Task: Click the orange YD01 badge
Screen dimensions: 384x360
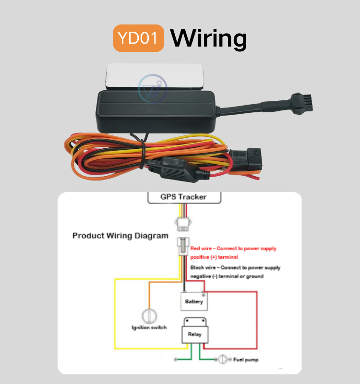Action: (x=138, y=38)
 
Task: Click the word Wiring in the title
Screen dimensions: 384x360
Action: (x=209, y=38)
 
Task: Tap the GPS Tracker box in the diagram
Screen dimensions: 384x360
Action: (x=183, y=197)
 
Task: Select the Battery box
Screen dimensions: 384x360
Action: (x=194, y=302)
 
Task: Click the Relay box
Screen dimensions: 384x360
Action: (x=194, y=333)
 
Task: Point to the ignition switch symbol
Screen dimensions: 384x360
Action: (x=149, y=316)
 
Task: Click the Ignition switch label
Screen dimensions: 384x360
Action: (x=149, y=327)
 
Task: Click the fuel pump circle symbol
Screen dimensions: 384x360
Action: (x=223, y=359)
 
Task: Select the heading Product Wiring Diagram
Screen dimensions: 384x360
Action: (x=120, y=236)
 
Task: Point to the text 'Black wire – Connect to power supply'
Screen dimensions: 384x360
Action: (x=235, y=267)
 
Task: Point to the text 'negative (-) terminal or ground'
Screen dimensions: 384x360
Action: (x=227, y=276)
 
